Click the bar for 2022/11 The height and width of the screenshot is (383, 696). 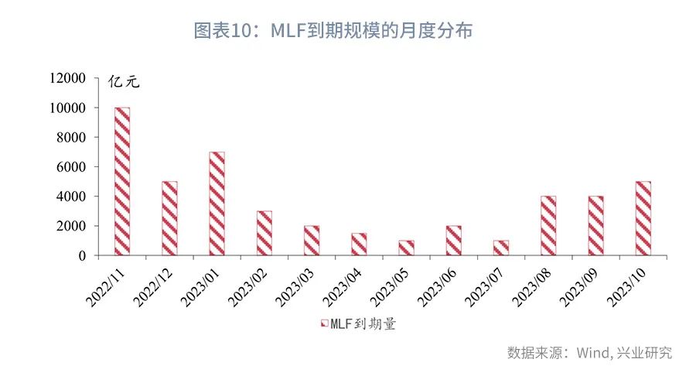(122, 181)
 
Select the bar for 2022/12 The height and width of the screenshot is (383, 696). (169, 218)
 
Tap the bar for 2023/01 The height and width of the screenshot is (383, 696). (217, 203)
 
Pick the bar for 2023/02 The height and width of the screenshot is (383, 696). (264, 233)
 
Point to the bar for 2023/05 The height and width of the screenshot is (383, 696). (406, 248)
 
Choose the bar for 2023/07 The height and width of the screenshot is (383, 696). (501, 248)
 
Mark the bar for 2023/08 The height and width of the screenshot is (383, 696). (548, 225)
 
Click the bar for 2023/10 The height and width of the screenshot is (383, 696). (643, 218)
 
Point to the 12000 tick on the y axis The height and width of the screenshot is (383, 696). (67, 78)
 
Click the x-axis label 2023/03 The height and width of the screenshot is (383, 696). (295, 286)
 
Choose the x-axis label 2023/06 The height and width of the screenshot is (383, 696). (438, 286)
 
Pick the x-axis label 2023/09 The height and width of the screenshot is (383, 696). (580, 286)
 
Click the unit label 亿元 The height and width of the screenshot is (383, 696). (124, 82)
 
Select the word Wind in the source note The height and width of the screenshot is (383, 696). (592, 353)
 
